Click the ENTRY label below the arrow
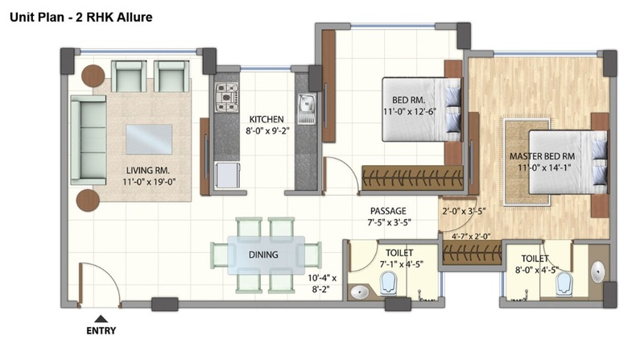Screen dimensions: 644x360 tap(101, 330)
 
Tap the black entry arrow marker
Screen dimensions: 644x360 tap(101, 319)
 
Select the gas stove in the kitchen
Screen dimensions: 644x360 tap(227, 97)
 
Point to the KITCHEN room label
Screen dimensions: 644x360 tap(266, 119)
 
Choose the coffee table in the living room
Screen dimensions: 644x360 tap(149, 139)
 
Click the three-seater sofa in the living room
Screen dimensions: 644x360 tap(89, 139)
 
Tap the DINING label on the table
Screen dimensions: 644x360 tap(263, 254)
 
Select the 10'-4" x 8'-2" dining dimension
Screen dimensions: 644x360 tap(323, 283)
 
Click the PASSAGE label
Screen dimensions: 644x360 tap(388, 211)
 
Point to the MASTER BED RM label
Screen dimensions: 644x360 tap(542, 156)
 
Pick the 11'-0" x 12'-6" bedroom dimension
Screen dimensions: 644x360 tap(409, 112)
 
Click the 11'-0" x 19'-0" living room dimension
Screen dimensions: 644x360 tap(149, 182)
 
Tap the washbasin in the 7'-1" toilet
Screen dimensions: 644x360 tap(360, 292)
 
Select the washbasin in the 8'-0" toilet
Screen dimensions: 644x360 tap(597, 272)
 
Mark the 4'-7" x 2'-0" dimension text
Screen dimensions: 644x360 tap(471, 237)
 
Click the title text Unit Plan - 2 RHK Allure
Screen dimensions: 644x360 tap(81, 17)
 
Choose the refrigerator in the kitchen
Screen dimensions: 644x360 tap(227, 176)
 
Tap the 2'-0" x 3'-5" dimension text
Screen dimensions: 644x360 tap(464, 212)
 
